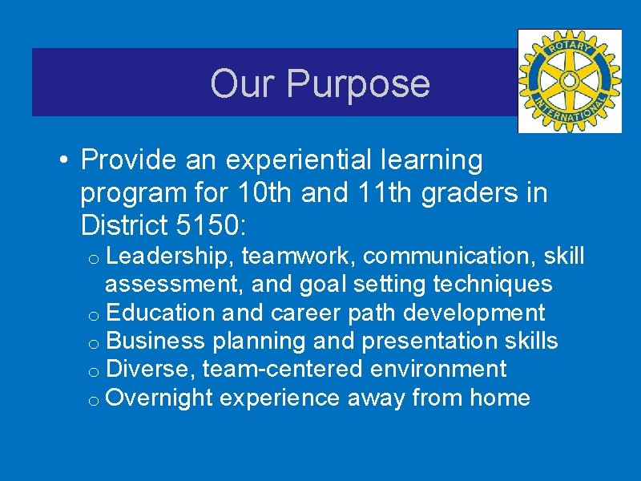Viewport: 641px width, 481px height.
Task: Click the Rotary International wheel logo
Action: [569, 81]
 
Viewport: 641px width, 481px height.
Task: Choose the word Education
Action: [160, 313]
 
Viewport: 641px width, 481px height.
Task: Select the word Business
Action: [155, 341]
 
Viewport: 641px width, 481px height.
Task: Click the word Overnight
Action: [160, 398]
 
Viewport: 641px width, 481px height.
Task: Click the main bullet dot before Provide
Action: [63, 161]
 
